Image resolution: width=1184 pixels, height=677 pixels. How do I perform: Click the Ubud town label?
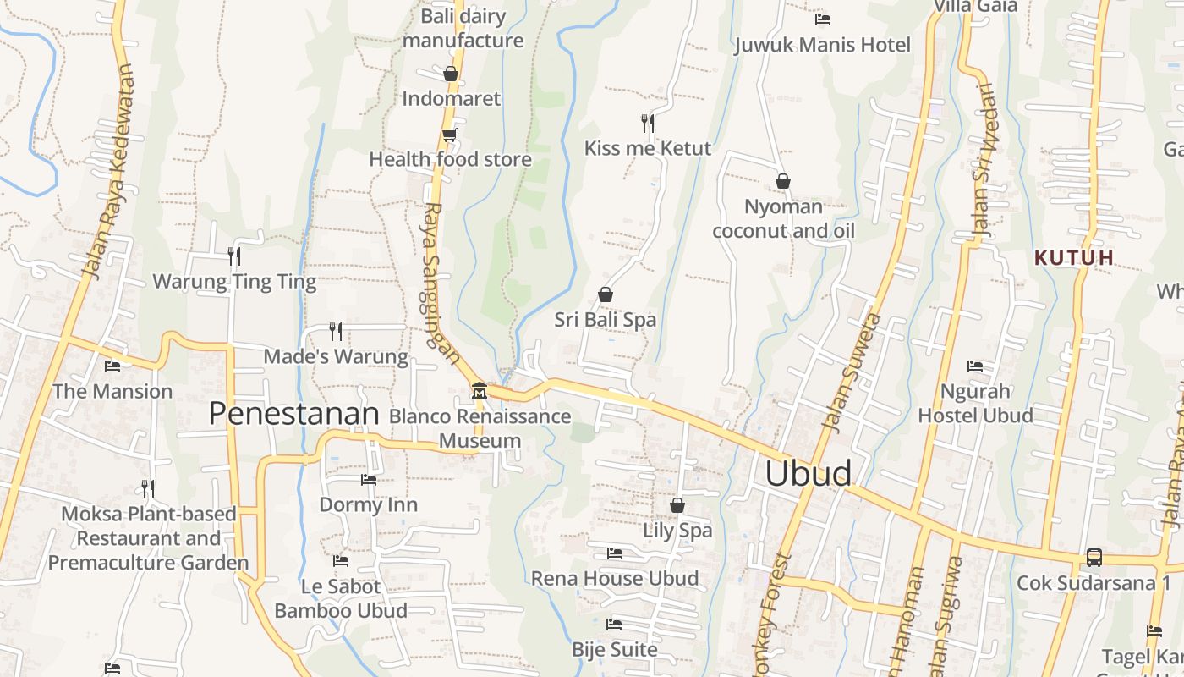point(808,474)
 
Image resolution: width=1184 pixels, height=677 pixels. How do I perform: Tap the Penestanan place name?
point(293,414)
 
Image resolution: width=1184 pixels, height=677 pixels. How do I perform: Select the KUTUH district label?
point(1074,257)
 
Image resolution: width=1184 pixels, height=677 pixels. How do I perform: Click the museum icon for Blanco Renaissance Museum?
point(480,391)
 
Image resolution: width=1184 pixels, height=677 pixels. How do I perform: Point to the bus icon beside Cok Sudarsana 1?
point(1094,558)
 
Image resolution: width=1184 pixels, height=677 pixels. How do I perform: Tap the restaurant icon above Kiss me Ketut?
point(648,124)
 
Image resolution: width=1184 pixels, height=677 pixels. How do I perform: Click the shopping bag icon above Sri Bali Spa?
point(606,294)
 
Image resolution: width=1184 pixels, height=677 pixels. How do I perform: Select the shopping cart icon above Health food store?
point(450,135)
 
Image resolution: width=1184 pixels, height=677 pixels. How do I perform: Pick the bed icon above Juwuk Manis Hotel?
point(822,19)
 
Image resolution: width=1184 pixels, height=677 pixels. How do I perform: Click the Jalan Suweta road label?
point(852,372)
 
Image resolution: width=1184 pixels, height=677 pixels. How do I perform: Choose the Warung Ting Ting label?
point(234,281)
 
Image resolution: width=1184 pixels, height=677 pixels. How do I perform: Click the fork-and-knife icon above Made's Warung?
point(336,331)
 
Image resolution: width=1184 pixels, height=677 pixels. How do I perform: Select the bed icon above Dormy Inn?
point(368,480)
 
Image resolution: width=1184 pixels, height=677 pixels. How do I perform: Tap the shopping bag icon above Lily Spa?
point(677,505)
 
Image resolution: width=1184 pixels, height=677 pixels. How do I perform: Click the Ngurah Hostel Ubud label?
point(975,404)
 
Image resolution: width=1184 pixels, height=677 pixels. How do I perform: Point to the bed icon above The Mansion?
point(112,366)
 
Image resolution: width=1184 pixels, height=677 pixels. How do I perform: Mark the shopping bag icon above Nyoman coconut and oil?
point(783,181)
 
